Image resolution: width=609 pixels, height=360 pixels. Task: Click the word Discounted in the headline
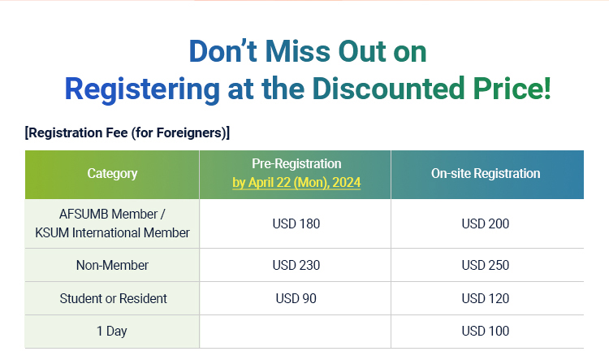coord(388,89)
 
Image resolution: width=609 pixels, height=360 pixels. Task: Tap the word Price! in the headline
coord(512,89)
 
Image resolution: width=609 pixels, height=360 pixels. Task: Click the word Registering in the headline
coord(142,89)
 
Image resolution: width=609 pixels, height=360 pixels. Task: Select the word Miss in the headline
coord(297,51)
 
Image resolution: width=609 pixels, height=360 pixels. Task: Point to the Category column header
coord(112,173)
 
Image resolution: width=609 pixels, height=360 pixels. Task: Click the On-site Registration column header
coord(486,173)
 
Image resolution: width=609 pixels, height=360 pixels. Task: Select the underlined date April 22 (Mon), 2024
coord(304,182)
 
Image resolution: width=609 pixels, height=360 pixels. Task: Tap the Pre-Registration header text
coord(296,163)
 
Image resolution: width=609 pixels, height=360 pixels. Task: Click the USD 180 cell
coord(296,223)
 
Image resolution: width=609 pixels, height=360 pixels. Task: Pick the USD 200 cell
coord(485,223)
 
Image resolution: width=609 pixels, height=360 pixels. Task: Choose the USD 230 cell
coord(296,265)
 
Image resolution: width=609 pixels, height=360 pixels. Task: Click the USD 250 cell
coord(485,265)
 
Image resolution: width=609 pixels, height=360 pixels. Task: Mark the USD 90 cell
coord(296,298)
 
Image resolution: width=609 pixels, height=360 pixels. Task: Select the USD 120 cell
coord(485,298)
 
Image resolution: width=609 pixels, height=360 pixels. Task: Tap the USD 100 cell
coord(485,331)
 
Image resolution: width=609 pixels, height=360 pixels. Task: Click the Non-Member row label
coord(112,265)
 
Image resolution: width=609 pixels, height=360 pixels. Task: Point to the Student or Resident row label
coord(113,298)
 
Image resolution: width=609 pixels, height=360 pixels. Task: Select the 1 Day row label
coord(112,332)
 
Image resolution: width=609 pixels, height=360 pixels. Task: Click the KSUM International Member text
coord(112,232)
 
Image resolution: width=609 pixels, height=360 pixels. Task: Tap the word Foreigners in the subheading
coord(189,133)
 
